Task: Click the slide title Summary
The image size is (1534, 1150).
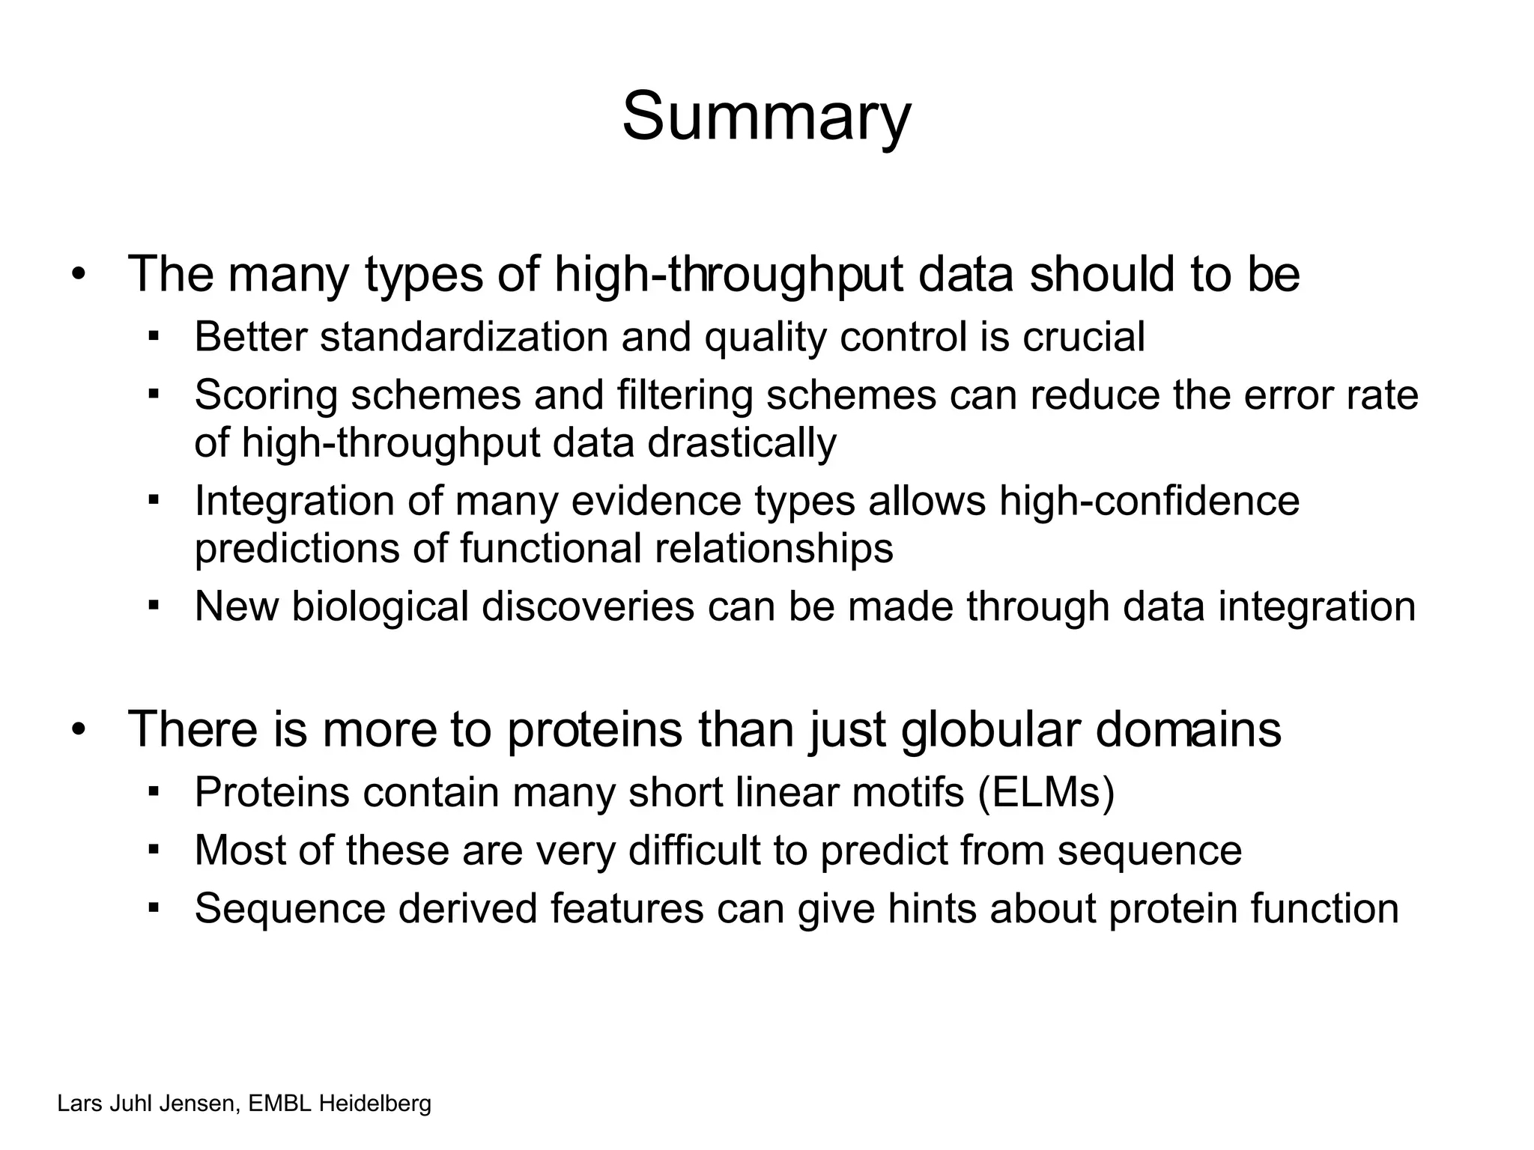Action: (766, 118)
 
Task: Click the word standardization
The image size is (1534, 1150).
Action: (464, 337)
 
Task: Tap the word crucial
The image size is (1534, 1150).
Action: (1083, 337)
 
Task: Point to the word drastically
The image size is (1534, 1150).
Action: (742, 442)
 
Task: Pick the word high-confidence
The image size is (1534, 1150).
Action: (1149, 501)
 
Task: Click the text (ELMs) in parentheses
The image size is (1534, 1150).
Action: (1046, 791)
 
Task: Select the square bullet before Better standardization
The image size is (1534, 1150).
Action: (154, 335)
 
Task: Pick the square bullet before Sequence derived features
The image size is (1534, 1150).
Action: (154, 907)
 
